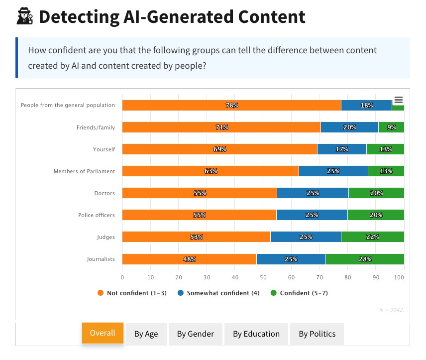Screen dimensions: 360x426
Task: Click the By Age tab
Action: tap(146, 334)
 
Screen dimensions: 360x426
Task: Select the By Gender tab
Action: tap(196, 334)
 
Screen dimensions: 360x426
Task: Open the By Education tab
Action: tap(256, 334)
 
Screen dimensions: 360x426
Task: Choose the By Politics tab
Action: tap(317, 334)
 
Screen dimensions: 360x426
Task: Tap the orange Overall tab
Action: tap(103, 333)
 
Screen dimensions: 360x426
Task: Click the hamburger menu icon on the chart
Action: tap(398, 100)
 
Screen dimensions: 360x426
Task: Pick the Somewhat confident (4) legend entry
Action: tap(218, 293)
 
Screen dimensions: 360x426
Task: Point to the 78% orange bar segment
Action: tap(231, 106)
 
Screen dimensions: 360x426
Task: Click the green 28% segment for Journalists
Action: tap(364, 259)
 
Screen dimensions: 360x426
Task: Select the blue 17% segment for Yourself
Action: tap(341, 149)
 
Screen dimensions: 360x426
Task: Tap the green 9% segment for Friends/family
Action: tap(391, 127)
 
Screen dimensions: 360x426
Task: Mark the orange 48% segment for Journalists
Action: tap(189, 259)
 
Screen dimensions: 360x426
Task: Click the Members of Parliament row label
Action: tap(84, 171)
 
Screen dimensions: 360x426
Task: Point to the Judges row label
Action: tap(106, 237)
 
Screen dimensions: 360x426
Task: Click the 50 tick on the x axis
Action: tap(263, 277)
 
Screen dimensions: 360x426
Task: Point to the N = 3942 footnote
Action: tap(392, 310)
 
